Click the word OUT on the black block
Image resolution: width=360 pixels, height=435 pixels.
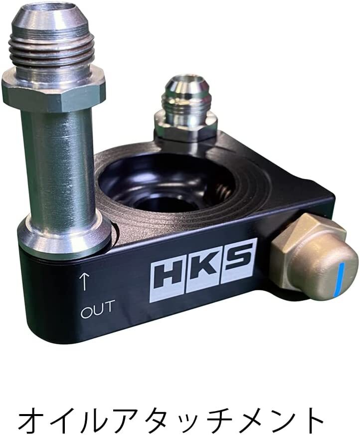pyautogui.click(x=97, y=309)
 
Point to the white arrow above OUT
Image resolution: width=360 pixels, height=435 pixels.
pyautogui.click(x=84, y=282)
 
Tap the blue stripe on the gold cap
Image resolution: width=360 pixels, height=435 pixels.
pyautogui.click(x=342, y=279)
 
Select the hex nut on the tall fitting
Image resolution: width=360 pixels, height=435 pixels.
pyautogui.click(x=53, y=89)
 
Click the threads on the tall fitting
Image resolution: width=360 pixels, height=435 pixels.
pyautogui.click(x=51, y=49)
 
